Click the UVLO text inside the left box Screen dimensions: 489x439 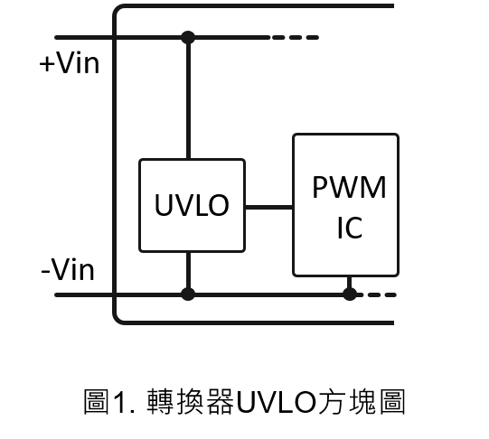(192, 205)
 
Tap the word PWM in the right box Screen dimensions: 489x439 (349, 187)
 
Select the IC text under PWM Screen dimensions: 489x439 (350, 228)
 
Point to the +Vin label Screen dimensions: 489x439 (70, 63)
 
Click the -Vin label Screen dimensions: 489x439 (68, 270)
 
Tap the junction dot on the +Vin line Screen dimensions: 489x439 (188, 38)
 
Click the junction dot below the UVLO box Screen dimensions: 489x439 (188, 294)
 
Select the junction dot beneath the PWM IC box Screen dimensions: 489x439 (350, 294)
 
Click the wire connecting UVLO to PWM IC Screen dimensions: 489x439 (268, 207)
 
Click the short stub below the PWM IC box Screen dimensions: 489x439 (350, 283)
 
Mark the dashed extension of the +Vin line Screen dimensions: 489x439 (296, 38)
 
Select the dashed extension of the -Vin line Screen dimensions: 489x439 (377, 294)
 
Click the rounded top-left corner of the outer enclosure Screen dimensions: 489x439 (117, 9)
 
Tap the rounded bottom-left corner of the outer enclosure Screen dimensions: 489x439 (117, 320)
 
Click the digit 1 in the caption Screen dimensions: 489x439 (121, 402)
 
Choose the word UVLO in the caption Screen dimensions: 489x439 (277, 402)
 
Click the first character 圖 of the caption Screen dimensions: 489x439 (97, 402)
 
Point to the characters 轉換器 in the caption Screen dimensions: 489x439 (191, 402)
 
